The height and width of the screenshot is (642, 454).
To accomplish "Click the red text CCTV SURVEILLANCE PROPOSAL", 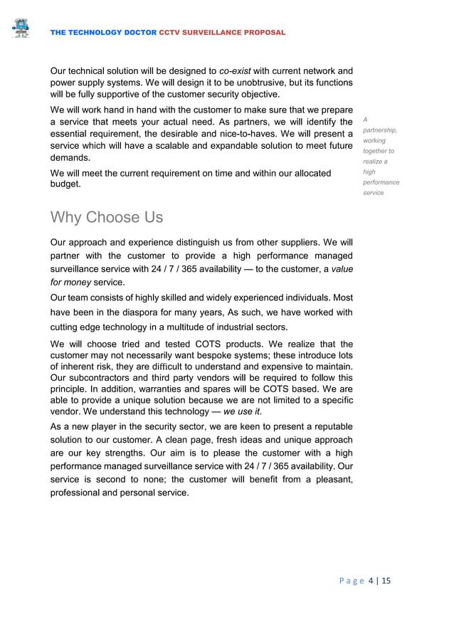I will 222,33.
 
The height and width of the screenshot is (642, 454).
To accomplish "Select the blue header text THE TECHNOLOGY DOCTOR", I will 105,33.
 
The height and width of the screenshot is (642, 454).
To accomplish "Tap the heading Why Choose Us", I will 107,217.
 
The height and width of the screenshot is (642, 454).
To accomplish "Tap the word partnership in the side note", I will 379,130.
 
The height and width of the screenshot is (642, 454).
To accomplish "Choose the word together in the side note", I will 378,151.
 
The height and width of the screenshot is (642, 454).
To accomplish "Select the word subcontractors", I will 101,378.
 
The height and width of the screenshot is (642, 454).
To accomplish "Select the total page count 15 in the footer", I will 386,581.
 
